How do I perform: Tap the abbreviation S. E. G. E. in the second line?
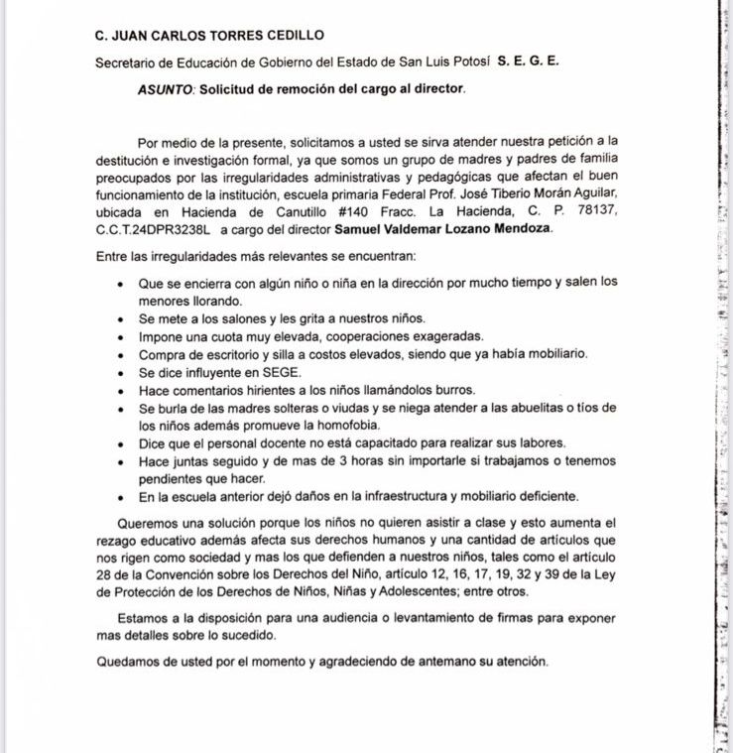(x=528, y=61)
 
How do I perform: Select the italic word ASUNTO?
(x=166, y=88)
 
